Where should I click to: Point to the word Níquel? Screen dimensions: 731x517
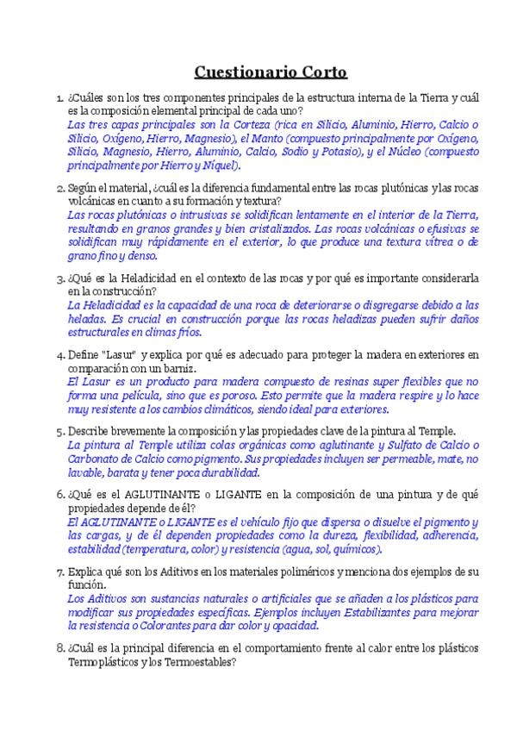click(x=219, y=165)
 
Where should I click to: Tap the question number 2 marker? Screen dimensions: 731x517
click(x=58, y=188)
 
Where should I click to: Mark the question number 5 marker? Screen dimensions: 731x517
click(x=58, y=431)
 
